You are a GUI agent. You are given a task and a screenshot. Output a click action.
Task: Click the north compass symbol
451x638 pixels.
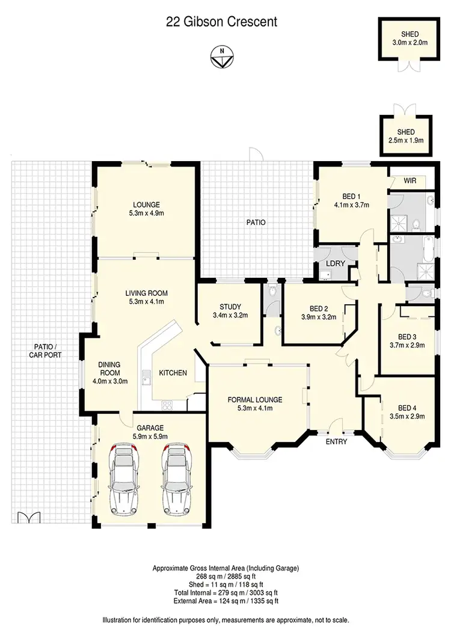[x=222, y=57]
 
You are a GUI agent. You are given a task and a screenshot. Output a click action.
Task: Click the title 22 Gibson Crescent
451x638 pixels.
[x=222, y=22]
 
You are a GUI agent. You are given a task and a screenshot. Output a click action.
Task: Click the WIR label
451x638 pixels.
[x=410, y=180]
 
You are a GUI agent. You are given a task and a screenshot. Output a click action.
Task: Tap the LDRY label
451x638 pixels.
[x=334, y=264]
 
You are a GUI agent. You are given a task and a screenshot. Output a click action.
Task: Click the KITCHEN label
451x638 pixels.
[x=173, y=373]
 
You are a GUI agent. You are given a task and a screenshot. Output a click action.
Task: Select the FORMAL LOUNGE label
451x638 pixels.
[x=255, y=399]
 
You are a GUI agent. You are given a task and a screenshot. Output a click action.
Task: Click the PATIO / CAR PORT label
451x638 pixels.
[x=44, y=351]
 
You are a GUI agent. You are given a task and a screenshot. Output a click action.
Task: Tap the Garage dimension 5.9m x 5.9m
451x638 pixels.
[x=150, y=437]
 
